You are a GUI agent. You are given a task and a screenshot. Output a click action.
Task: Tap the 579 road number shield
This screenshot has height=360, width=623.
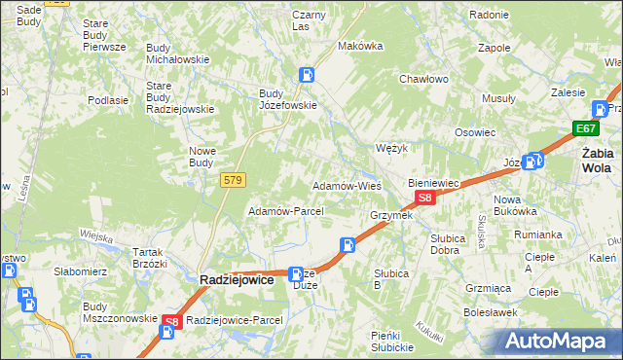233,179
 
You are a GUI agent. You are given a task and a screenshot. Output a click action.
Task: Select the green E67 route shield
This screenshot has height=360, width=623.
585,128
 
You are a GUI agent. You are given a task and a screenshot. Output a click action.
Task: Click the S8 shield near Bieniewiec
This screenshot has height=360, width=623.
423,198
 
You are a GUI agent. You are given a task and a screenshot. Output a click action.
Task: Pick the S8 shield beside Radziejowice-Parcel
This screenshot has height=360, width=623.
171,321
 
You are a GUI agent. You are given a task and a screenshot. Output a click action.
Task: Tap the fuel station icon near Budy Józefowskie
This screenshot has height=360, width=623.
307,73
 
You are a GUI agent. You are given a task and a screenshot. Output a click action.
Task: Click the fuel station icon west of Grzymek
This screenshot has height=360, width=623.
347,245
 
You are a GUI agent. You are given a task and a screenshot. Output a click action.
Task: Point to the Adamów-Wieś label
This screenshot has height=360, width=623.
346,185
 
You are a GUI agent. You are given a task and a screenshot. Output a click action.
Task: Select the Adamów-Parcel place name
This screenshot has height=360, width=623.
279,211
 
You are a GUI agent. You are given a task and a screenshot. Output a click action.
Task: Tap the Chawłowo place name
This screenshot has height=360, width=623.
422,80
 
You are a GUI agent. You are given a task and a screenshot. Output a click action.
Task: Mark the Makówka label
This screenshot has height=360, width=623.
357,46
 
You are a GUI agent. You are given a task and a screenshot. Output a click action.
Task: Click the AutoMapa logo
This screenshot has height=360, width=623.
557,342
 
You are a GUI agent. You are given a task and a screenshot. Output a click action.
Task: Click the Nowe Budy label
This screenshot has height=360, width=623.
208,156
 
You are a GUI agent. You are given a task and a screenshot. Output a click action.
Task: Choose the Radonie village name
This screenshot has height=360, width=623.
489,15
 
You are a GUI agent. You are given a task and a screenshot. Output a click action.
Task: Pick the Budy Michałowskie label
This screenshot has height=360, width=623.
177,53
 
